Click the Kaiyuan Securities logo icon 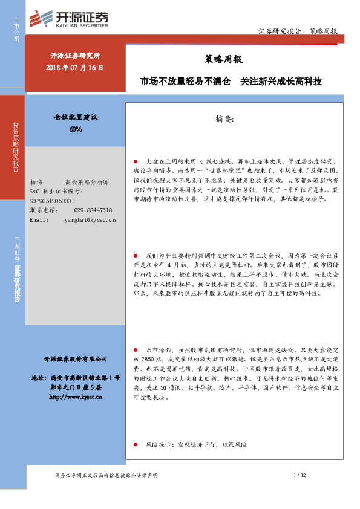coord(42,19)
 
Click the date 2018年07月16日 coord(76,68)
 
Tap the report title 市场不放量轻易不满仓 coord(185,80)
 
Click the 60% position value coord(76,129)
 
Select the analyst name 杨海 coord(36,182)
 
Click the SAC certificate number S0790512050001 coord(51,201)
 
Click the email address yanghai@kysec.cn coord(90,220)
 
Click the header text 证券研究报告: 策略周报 coord(298,30)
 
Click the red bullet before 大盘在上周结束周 coord(136,162)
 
